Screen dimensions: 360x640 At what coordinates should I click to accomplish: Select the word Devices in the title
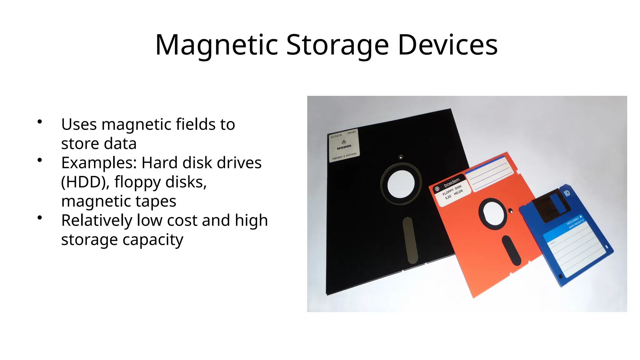[447, 45]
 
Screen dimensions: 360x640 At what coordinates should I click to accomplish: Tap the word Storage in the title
[337, 45]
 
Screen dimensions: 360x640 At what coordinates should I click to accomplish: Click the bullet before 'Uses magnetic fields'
[40, 122]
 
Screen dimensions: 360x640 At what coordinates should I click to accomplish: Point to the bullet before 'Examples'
[40, 160]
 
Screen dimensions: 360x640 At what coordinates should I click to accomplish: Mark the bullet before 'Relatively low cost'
[40, 218]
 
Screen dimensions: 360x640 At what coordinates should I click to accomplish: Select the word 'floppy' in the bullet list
[137, 182]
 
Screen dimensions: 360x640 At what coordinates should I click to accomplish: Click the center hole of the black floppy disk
[401, 184]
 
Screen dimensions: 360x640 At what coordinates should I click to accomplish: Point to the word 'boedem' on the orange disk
[452, 182]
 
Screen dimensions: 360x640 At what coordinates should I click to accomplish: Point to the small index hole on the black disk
[401, 157]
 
